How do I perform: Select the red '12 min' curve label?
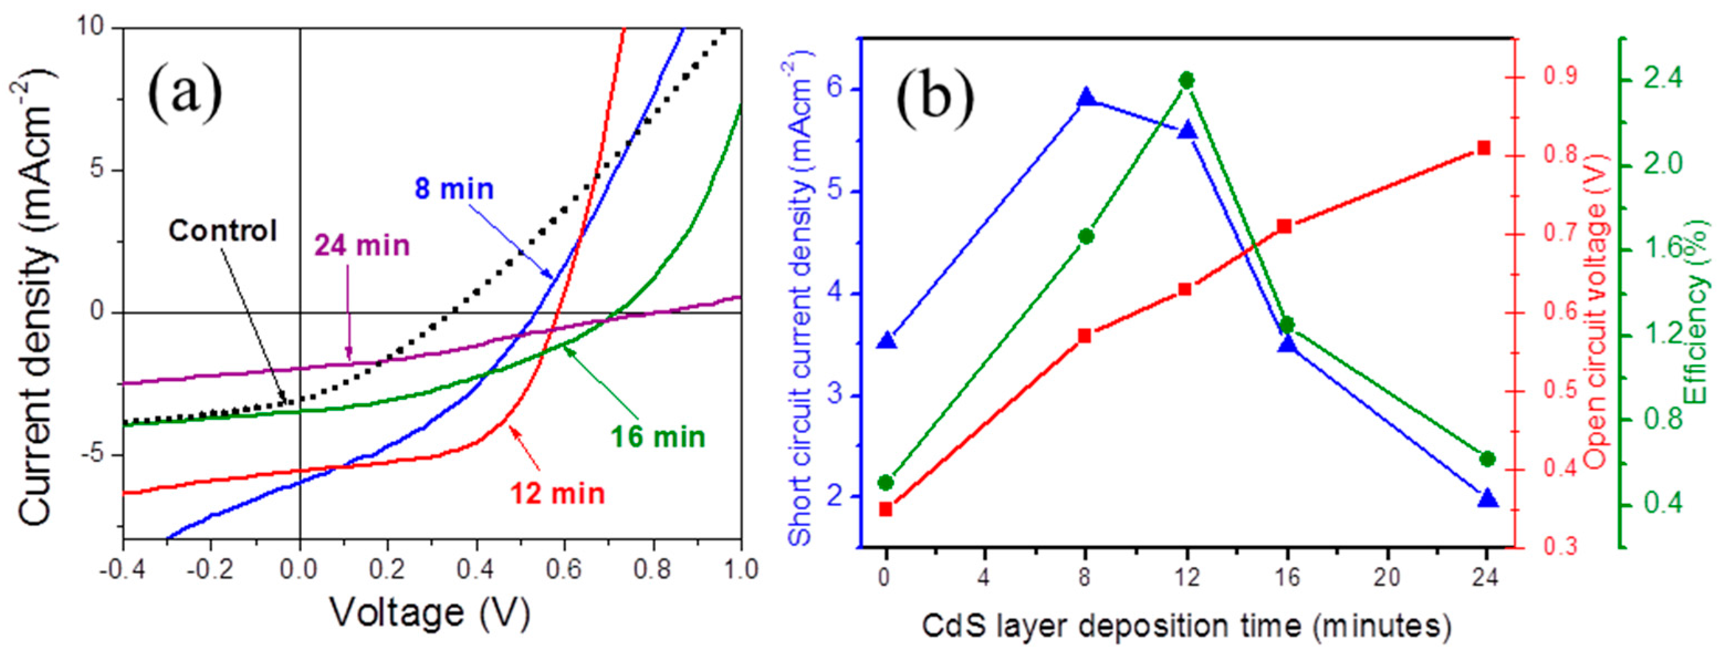coord(557,494)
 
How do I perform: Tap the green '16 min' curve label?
coord(657,437)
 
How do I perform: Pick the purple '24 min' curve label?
coord(362,246)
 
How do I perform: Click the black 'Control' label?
coord(223,231)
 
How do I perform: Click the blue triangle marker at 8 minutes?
coord(1086,98)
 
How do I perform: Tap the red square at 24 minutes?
coord(1484,148)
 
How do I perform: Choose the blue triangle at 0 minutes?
coord(887,341)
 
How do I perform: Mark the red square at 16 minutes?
coord(1284,226)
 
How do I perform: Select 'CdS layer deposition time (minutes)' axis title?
coord(1186,627)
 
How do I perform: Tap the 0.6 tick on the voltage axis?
coord(564,570)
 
